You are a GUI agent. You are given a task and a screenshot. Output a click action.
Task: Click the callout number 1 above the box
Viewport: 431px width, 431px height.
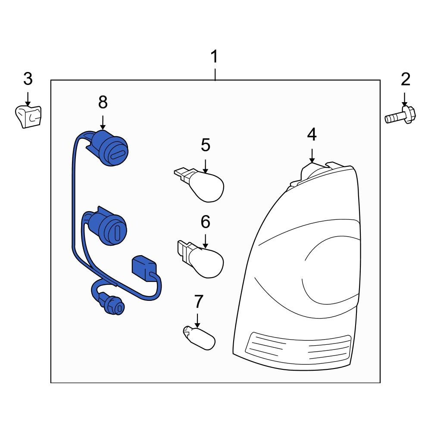pyautogui.click(x=214, y=56)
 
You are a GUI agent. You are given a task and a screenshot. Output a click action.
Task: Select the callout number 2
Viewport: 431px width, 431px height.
pyautogui.click(x=406, y=79)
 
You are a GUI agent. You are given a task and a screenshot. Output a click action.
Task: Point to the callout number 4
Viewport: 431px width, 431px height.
pyautogui.click(x=312, y=134)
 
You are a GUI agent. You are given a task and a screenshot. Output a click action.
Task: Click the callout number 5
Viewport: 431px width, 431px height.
pyautogui.click(x=206, y=145)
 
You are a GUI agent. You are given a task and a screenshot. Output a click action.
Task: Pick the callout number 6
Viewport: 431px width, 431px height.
pyautogui.click(x=205, y=222)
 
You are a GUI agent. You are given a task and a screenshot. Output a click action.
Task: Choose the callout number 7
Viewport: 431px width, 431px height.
pyautogui.click(x=198, y=302)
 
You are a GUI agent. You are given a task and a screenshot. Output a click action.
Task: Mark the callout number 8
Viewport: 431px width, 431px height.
pyautogui.click(x=103, y=103)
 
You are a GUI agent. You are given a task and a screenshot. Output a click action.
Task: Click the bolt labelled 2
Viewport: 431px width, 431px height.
pyautogui.click(x=400, y=116)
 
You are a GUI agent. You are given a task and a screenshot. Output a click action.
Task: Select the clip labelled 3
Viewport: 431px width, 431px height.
pyautogui.click(x=28, y=117)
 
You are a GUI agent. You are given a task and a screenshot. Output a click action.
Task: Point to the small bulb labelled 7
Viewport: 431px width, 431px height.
pyautogui.click(x=199, y=337)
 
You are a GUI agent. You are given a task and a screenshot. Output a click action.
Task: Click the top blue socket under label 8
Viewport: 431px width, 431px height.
pyautogui.click(x=109, y=148)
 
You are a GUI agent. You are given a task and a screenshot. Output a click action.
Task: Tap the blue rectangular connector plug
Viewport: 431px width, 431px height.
pyautogui.click(x=144, y=269)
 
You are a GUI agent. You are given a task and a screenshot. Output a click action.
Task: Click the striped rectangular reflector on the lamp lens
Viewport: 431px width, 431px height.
pyautogui.click(x=299, y=347)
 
